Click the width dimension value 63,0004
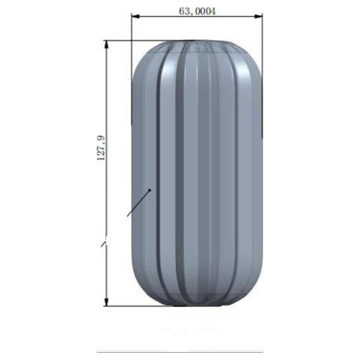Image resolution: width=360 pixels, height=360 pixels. click(197, 11)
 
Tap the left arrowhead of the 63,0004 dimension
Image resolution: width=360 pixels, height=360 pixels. click(135, 17)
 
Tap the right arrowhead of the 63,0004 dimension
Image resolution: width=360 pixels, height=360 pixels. click(259, 17)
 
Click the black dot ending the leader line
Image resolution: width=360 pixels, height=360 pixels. click(150, 189)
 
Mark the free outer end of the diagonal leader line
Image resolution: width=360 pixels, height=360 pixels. click(128, 216)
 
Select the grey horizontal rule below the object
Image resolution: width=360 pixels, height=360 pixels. click(180, 352)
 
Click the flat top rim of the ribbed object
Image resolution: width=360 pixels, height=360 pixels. click(197, 42)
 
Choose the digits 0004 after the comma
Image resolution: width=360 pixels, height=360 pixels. click(206, 11)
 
